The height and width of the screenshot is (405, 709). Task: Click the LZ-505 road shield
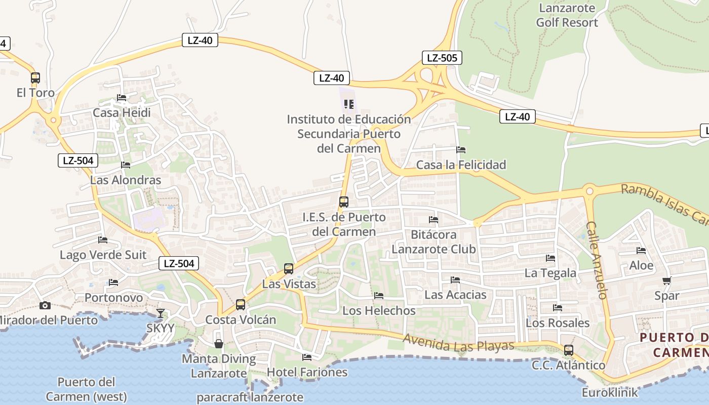coord(442,58)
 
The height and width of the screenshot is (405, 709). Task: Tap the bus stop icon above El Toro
coord(35,78)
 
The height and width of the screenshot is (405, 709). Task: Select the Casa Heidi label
coord(122,112)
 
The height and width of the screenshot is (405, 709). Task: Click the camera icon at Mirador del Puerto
coord(45,305)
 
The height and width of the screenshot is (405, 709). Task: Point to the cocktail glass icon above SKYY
coord(161,313)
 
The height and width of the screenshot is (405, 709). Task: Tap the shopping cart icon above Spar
coord(666,281)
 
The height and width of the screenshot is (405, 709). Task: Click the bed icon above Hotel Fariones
coord(307,357)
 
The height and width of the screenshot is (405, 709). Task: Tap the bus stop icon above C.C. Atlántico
coord(569,350)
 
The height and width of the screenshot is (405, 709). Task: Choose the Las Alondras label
coord(126,180)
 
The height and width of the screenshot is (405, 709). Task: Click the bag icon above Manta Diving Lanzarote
coord(219,344)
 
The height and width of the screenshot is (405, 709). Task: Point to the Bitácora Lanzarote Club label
coord(434,242)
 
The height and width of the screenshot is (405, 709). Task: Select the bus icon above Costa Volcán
coord(241,305)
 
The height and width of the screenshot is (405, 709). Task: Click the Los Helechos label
coord(379,310)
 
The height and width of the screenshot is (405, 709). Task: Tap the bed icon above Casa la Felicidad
coord(461,150)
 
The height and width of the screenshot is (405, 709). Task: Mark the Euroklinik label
coord(610,392)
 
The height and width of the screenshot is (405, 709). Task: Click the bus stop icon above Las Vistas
coord(289,269)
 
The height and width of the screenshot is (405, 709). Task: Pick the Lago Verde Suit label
coord(103,255)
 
